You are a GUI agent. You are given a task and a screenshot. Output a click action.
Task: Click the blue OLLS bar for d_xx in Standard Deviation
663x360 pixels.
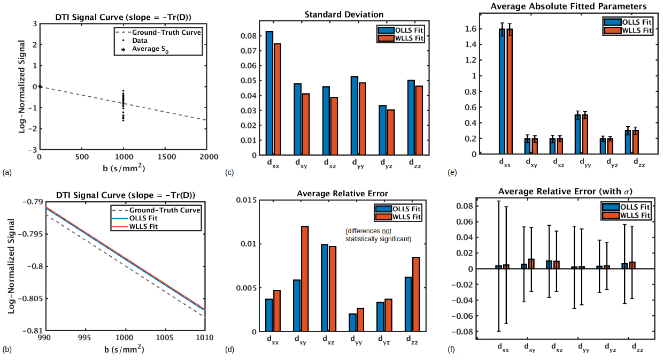pos(269,93)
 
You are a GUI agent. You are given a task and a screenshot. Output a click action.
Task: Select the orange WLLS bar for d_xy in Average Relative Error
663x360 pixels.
pos(305,278)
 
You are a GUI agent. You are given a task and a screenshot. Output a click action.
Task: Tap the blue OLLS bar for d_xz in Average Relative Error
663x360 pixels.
pos(326,287)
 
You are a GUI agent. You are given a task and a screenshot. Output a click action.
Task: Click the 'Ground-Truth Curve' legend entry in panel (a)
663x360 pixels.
pos(166,32)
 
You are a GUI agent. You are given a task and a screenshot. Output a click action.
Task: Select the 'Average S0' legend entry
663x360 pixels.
pos(150,50)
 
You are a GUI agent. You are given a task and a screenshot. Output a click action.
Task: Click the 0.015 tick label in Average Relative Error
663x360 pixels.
pos(247,200)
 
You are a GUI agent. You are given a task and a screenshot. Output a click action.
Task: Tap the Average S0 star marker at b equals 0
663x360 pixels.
pos(40,86)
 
